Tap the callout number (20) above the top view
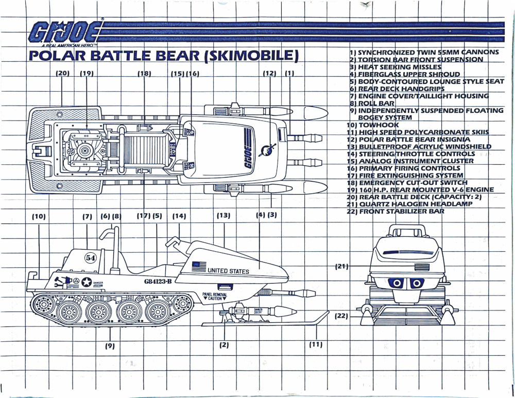pos(62,74)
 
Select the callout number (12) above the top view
pos(269,74)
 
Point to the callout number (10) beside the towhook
pos(39,217)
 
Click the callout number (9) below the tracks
pos(110,345)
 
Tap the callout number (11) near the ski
pos(316,344)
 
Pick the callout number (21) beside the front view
pos(342,266)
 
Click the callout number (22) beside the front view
pos(342,316)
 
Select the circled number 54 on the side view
pos(91,257)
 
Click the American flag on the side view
pos(199,266)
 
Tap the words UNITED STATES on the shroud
pos(228,271)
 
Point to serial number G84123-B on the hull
pos(158,281)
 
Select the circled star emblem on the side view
pos(87,282)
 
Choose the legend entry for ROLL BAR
pos(372,103)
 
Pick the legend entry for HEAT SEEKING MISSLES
pos(395,67)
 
